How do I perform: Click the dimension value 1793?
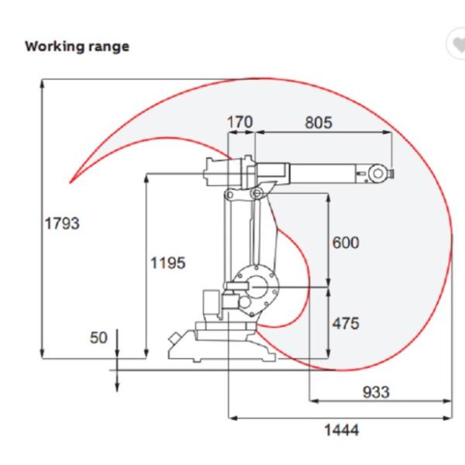(62, 223)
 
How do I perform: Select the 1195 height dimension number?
(168, 263)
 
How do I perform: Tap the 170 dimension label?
(240, 122)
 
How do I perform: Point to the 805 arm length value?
(319, 122)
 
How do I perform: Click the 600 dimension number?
(346, 243)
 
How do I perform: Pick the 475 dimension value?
(346, 323)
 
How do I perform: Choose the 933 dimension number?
(376, 392)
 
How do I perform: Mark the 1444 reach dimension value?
(341, 429)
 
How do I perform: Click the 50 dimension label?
(98, 338)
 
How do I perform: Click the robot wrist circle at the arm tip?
(377, 174)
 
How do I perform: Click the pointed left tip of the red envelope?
(70, 182)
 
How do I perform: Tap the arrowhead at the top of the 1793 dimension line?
(43, 84)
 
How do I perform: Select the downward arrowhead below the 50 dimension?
(117, 387)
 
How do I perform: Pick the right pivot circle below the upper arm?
(257, 194)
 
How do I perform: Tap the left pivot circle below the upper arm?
(229, 195)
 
